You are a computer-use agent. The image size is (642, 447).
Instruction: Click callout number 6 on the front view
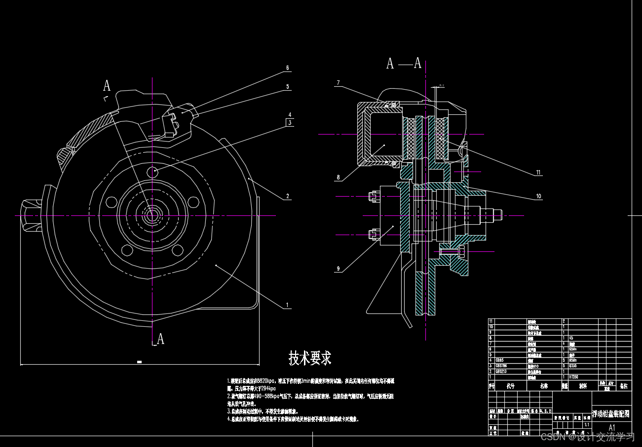[x=287, y=68]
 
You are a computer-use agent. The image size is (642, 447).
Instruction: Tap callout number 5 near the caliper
[x=287, y=87]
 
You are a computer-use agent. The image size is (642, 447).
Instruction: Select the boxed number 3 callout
[x=290, y=122]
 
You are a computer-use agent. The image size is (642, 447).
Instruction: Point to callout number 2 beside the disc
[x=287, y=196]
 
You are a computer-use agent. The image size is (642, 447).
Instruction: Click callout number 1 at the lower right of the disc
[x=287, y=305]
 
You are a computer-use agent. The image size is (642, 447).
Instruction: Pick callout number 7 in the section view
[x=338, y=83]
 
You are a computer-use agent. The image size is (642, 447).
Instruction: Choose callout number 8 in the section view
[x=338, y=177]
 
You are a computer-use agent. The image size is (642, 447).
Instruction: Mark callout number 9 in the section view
[x=338, y=269]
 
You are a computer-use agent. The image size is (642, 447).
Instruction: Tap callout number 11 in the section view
[x=538, y=172]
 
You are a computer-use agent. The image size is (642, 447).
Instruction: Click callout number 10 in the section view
[x=538, y=196]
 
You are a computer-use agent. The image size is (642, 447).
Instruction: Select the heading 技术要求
[x=310, y=358]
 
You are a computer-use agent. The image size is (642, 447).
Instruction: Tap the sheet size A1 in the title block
[x=612, y=427]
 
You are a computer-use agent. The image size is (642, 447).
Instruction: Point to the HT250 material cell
[x=574, y=377]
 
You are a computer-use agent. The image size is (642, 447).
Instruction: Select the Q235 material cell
[x=573, y=366]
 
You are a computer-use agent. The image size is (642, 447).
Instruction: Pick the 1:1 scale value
[x=587, y=424]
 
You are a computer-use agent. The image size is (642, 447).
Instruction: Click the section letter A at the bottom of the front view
[x=160, y=339]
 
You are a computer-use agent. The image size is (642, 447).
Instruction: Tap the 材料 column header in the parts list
[x=583, y=386]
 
